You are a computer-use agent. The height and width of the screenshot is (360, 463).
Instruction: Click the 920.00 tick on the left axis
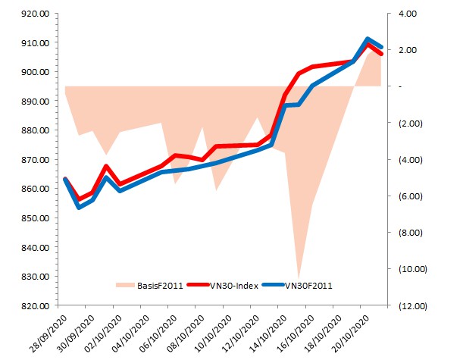coord(35,14)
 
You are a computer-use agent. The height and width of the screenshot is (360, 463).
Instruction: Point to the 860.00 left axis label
coord(35,189)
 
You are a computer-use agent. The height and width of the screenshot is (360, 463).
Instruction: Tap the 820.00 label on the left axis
coord(35,305)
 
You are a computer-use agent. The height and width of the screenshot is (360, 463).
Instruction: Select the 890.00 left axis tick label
coord(35,102)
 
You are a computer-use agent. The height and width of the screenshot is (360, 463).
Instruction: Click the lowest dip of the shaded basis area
coord(299,277)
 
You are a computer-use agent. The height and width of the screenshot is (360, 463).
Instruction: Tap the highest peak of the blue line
coord(368,39)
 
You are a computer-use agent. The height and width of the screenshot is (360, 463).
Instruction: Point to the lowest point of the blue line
coord(79,207)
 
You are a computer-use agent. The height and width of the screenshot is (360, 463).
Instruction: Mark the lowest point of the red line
coord(79,199)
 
